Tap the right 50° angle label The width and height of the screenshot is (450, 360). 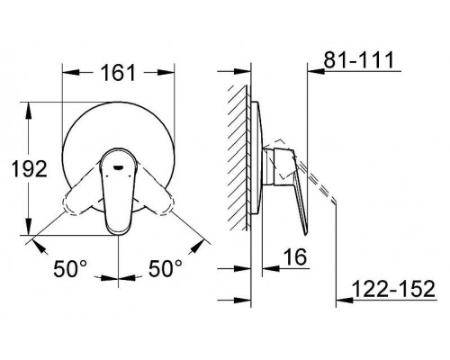coord(166,267)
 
